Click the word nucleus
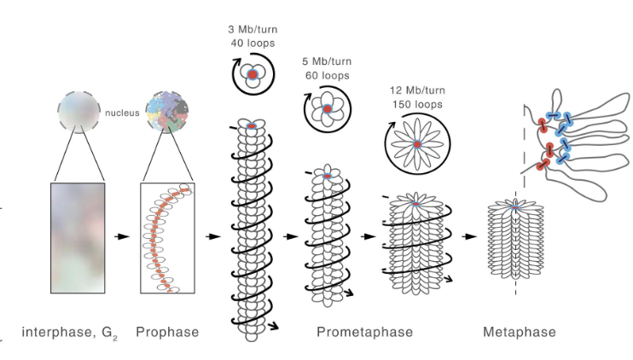pos(121,112)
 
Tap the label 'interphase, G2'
pos(70,332)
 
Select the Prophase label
pos(167,332)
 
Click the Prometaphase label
pos(364,332)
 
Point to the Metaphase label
pos(519,332)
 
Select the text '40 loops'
pos(252,42)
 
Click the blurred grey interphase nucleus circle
pos(78,111)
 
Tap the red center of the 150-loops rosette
pos(417,145)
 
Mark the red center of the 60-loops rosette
pos(327,109)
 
